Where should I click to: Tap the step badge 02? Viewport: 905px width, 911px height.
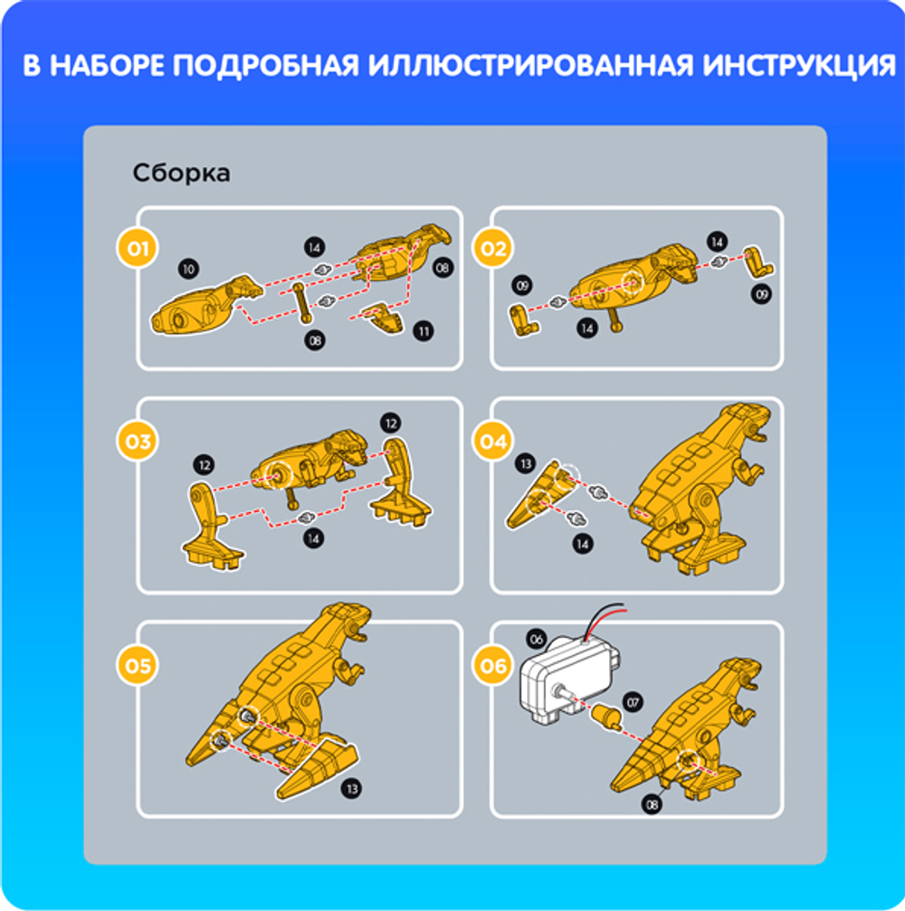coord(493,250)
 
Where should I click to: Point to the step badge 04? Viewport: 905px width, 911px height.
coord(493,441)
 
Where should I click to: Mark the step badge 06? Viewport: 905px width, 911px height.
coord(493,667)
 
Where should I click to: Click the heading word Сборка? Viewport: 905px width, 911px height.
coord(181,173)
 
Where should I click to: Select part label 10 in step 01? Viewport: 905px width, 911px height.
coord(190,269)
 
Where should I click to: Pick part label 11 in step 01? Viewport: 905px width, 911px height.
coord(424,332)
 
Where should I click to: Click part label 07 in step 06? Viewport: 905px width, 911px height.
coord(631,701)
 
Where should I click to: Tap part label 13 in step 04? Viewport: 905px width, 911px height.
coord(522,463)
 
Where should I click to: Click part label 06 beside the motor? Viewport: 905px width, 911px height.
coord(536,640)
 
